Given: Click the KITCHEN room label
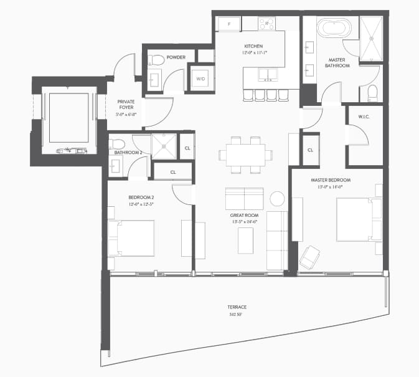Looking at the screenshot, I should pos(253,46).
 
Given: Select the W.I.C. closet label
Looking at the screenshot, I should pos(365,117).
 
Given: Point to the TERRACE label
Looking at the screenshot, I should pos(237,307).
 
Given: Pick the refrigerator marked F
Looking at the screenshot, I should pos(229,24).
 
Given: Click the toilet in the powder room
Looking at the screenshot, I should pos(156,60).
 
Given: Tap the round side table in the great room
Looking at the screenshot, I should pos(277,199).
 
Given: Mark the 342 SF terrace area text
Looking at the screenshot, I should pos(237,314).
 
